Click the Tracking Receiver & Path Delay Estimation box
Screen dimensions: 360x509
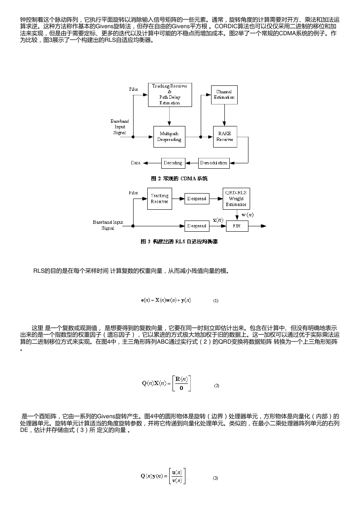pyautogui.click(x=170, y=95)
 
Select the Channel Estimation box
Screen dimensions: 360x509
pyautogui.click(x=224, y=95)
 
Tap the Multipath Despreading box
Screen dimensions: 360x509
pyautogui.click(x=169, y=137)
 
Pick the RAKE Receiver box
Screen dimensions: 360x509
pyautogui.click(x=225, y=137)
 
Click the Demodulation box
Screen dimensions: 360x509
pyautogui.click(x=214, y=163)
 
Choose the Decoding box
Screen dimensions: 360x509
pyautogui.click(x=173, y=163)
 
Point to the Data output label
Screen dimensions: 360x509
pyautogui.click(x=136, y=163)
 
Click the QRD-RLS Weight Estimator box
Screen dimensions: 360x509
pyautogui.click(x=236, y=199)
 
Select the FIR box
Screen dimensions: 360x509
pyautogui.click(x=237, y=226)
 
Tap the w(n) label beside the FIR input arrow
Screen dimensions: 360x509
pyautogui.click(x=248, y=215)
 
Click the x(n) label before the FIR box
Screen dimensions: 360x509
pyautogui.click(x=218, y=220)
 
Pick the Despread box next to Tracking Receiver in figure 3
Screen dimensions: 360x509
pyautogui.click(x=197, y=199)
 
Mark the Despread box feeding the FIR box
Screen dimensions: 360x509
pyautogui.click(x=197, y=226)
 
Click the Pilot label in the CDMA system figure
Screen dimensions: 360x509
pyautogui.click(x=134, y=89)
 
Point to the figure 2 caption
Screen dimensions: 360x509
pyautogui.click(x=179, y=179)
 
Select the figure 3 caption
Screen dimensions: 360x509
pyautogui.click(x=179, y=242)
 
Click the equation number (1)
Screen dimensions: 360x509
pyautogui.click(x=216, y=301)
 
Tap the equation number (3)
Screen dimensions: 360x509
pyautogui.click(x=215, y=478)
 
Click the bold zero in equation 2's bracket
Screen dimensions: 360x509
pyautogui.click(x=182, y=388)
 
